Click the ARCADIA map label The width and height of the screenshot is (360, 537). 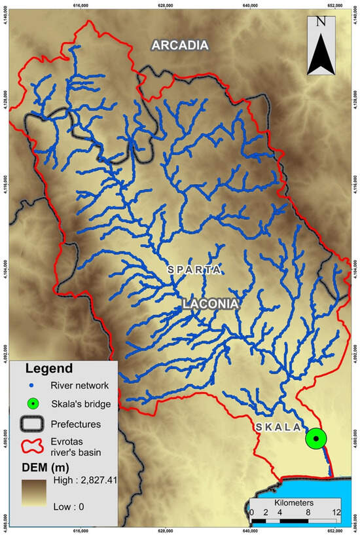click(x=180, y=45)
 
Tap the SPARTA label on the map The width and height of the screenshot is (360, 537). click(x=194, y=270)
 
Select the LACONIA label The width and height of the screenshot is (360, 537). click(x=210, y=304)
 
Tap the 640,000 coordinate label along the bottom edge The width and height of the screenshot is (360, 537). click(x=251, y=532)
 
